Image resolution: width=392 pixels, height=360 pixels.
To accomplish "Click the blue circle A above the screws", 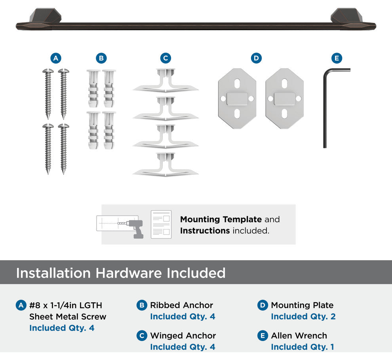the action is click(56, 58).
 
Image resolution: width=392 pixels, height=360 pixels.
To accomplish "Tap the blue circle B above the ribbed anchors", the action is click(101, 58).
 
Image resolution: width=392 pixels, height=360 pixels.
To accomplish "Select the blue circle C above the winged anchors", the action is click(166, 58).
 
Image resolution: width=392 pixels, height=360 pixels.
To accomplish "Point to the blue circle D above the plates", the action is click(256, 58).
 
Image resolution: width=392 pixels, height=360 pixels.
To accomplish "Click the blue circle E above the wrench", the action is click(337, 58).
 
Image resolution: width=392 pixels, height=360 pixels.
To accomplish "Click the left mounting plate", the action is click(237, 99).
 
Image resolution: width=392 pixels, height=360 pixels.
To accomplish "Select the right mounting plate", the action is click(285, 99).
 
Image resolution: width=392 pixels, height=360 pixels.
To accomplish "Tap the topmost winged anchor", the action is click(166, 80).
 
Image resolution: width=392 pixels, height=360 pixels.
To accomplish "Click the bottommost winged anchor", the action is click(166, 165).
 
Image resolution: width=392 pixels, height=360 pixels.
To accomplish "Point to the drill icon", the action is click(135, 228).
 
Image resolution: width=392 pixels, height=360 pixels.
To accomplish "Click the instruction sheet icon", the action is click(161, 224).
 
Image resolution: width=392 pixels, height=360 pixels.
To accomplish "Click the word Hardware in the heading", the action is click(129, 273).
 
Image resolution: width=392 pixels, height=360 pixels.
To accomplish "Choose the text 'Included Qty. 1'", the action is click(303, 347).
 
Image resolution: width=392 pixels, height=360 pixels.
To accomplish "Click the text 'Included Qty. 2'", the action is click(303, 316).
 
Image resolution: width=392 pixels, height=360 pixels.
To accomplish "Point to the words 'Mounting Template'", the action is click(221, 219).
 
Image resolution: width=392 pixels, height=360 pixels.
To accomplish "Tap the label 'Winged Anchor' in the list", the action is click(183, 335).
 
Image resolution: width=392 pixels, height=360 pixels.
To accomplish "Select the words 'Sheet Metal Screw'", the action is click(68, 316).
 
